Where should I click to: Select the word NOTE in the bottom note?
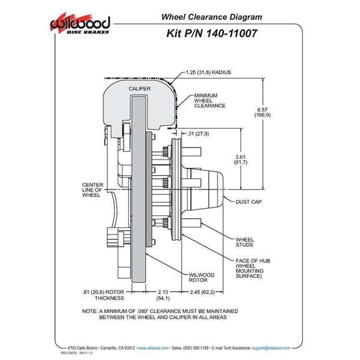click(91, 311)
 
